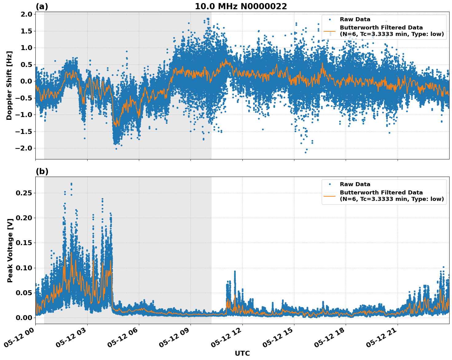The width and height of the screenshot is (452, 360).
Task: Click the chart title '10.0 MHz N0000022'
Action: click(x=241, y=6)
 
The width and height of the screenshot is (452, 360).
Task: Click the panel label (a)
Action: click(x=42, y=6)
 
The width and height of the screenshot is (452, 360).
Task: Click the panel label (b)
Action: click(x=42, y=171)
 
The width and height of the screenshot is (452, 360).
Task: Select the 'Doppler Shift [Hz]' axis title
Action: click(x=9, y=85)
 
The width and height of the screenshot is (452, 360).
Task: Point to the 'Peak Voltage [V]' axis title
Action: click(x=10, y=250)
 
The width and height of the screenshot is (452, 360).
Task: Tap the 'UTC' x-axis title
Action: click(x=242, y=353)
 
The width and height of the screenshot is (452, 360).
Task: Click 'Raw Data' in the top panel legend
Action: click(x=355, y=19)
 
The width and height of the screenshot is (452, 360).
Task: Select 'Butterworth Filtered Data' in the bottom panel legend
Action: click(x=381, y=193)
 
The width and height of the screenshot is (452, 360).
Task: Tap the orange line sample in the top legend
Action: click(x=330, y=31)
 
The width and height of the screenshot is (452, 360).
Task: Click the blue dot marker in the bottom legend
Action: click(x=330, y=184)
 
